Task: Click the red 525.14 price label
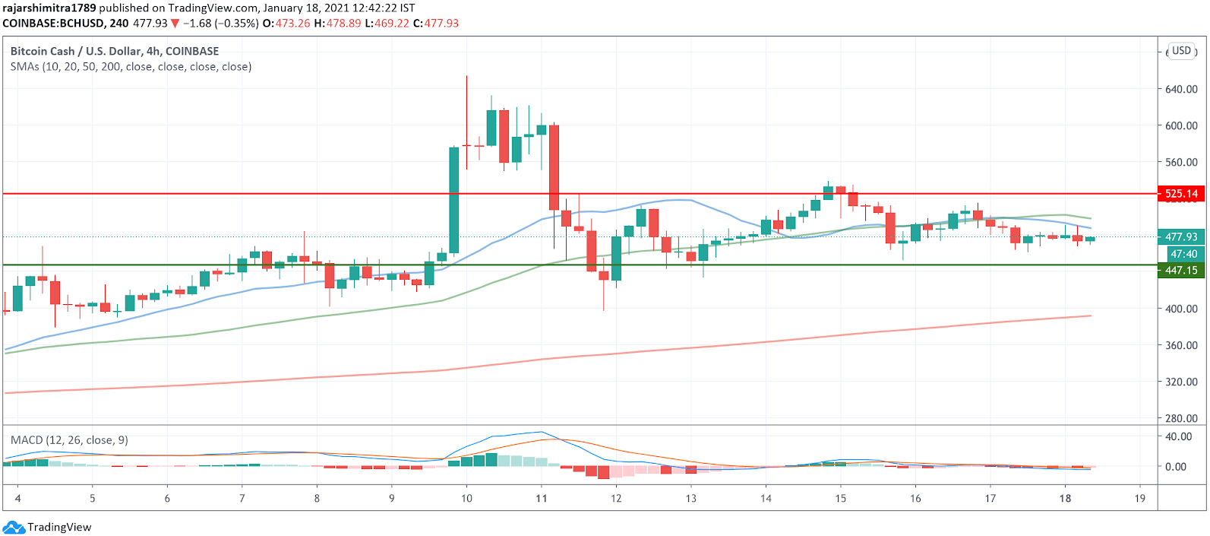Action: [1180, 194]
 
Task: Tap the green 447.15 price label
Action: [1180, 270]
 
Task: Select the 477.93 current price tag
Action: [1180, 237]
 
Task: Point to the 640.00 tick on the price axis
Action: [1181, 89]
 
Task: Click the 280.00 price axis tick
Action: [1181, 418]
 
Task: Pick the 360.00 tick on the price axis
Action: [1181, 345]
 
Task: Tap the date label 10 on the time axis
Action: [466, 499]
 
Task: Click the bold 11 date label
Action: [542, 499]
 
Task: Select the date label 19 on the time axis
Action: [1140, 499]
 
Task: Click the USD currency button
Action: [1181, 51]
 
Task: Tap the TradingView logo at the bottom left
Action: [47, 527]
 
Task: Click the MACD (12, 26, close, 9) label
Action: [69, 440]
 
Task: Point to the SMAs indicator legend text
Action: [131, 67]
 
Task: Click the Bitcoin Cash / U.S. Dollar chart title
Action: [115, 51]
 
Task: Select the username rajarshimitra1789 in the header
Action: [49, 8]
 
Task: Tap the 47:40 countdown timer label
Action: [1183, 254]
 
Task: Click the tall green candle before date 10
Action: [453, 200]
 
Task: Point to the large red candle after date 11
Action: [554, 167]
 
